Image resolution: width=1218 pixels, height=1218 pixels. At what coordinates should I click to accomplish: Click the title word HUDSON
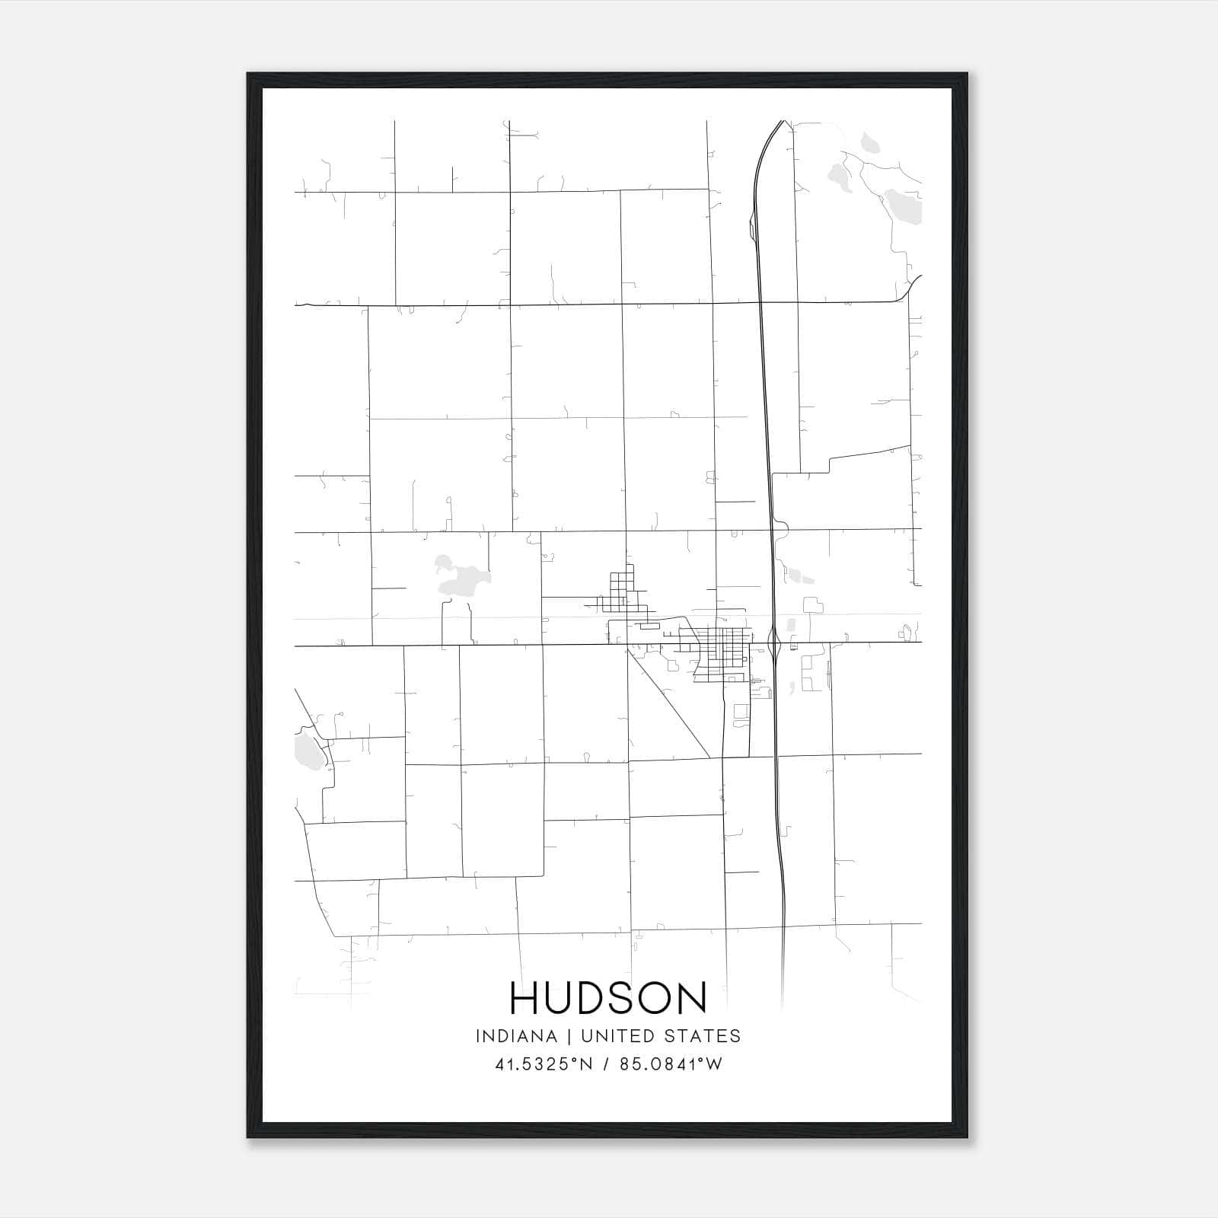click(609, 999)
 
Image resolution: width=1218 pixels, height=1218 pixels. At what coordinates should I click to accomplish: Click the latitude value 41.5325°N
click(544, 1064)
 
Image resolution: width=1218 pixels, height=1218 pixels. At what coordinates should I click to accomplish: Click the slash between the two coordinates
click(607, 1064)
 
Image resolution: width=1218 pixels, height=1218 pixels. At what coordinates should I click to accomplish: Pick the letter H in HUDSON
click(525, 999)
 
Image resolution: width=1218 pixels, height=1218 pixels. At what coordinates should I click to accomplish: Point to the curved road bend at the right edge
click(908, 288)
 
